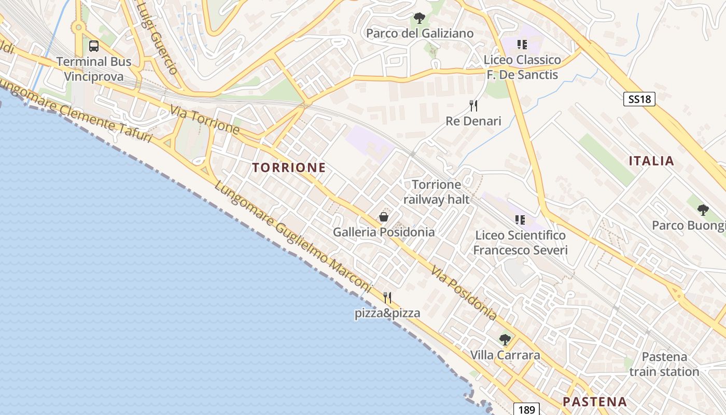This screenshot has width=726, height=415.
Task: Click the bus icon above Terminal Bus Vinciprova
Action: (94, 46)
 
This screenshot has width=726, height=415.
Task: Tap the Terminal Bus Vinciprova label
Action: (94, 69)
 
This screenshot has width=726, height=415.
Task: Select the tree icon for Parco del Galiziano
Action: (419, 19)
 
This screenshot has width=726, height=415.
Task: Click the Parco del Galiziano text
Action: (420, 34)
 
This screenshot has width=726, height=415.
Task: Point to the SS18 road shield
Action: (639, 99)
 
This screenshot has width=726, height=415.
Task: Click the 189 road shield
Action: (526, 409)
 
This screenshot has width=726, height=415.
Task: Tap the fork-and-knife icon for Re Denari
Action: (473, 106)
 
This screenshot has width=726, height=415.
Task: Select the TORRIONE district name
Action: (289, 168)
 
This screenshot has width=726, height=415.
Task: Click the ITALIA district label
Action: (651, 161)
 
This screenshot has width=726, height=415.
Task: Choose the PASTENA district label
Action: (595, 402)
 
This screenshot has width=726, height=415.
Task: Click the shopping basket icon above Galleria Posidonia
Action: (384, 217)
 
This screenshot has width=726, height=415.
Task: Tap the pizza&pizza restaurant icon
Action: (387, 298)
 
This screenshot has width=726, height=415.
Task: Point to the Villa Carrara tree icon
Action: (505, 340)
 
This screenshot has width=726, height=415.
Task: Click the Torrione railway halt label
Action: (436, 192)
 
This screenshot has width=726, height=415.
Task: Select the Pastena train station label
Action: (664, 364)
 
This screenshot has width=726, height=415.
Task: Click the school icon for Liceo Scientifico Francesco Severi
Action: (520, 220)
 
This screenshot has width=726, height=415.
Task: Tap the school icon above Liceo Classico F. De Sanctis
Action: (522, 45)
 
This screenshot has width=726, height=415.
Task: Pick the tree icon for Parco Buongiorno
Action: (703, 210)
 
